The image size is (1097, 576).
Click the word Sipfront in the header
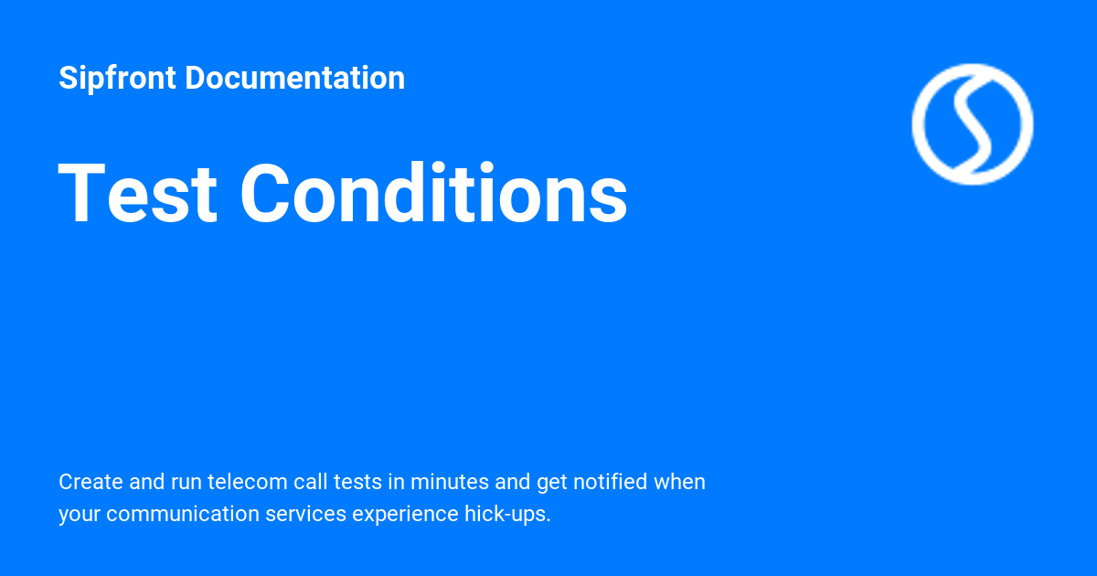(x=117, y=79)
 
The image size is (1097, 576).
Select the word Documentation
(x=294, y=79)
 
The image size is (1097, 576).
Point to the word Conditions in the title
(x=433, y=194)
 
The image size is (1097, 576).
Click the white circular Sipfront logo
(x=972, y=124)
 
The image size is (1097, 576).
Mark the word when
(x=679, y=482)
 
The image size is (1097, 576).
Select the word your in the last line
(x=79, y=514)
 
